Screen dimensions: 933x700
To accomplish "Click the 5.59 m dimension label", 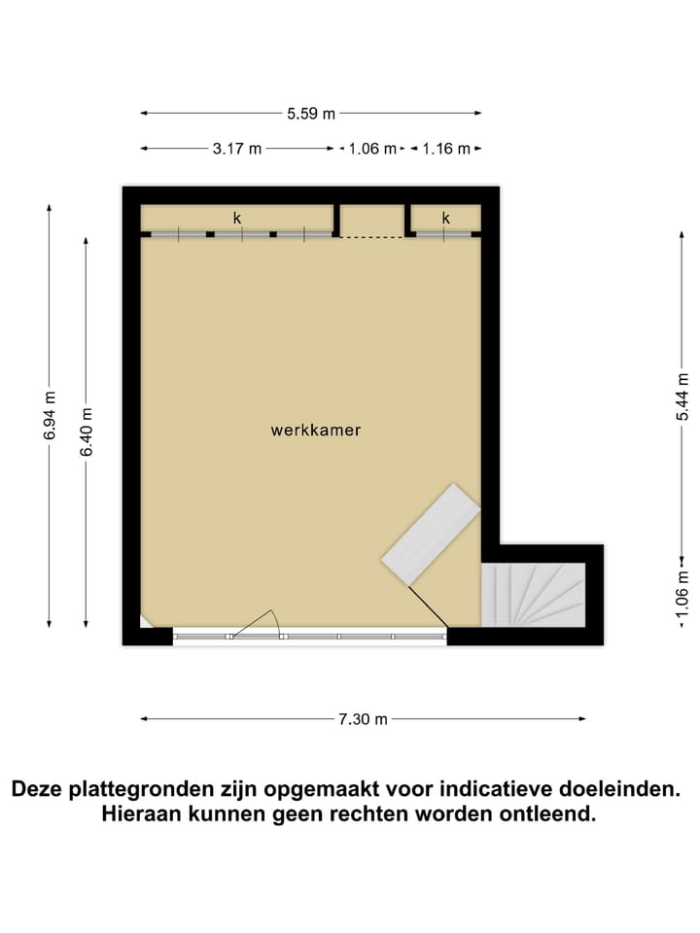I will point(311,114).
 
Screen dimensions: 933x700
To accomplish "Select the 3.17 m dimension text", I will point(237,149).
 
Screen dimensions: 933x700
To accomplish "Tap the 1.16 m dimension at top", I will point(446,149).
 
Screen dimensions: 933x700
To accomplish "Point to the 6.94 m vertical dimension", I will point(50,415).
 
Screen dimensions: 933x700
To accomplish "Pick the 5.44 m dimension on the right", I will point(683,397).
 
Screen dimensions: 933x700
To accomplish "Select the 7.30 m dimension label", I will point(363,719).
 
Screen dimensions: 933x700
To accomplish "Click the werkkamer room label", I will point(316,430).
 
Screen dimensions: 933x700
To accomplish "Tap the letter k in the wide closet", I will point(236,218).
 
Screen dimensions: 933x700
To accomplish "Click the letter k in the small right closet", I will point(446,218).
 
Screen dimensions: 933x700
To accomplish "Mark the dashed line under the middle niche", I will point(371,237).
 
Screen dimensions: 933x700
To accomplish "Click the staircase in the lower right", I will point(534,595).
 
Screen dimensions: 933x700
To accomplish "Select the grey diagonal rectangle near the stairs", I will point(432,533).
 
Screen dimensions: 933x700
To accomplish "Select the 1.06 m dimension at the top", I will point(372,149).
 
